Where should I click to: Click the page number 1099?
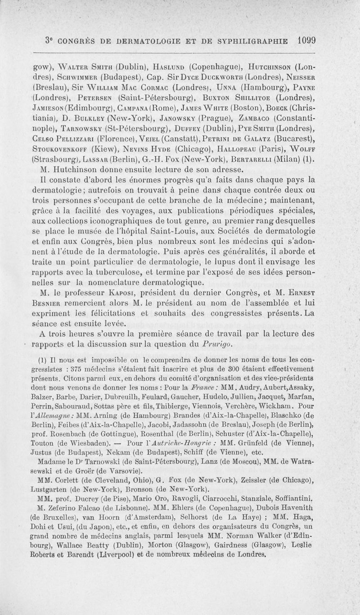[306, 39]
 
